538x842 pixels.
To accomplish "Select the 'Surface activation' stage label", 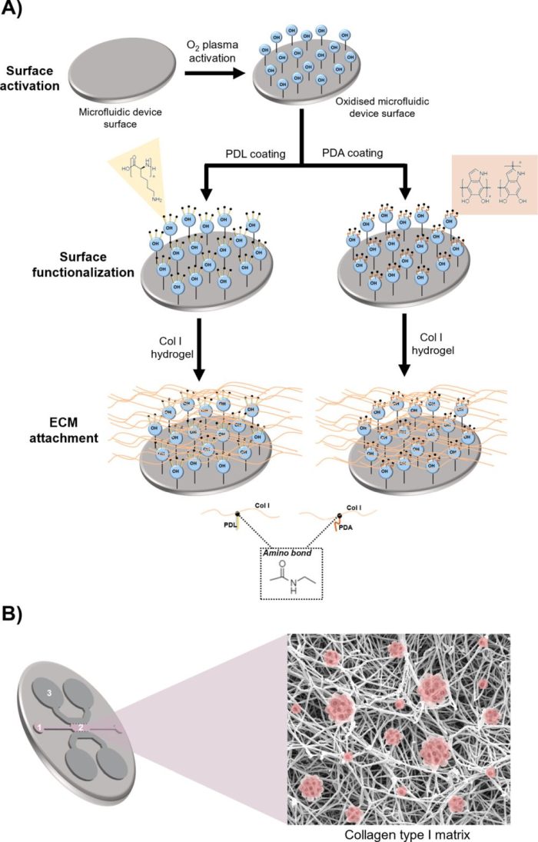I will point(32,78).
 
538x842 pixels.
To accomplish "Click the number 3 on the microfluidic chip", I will point(48,694).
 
